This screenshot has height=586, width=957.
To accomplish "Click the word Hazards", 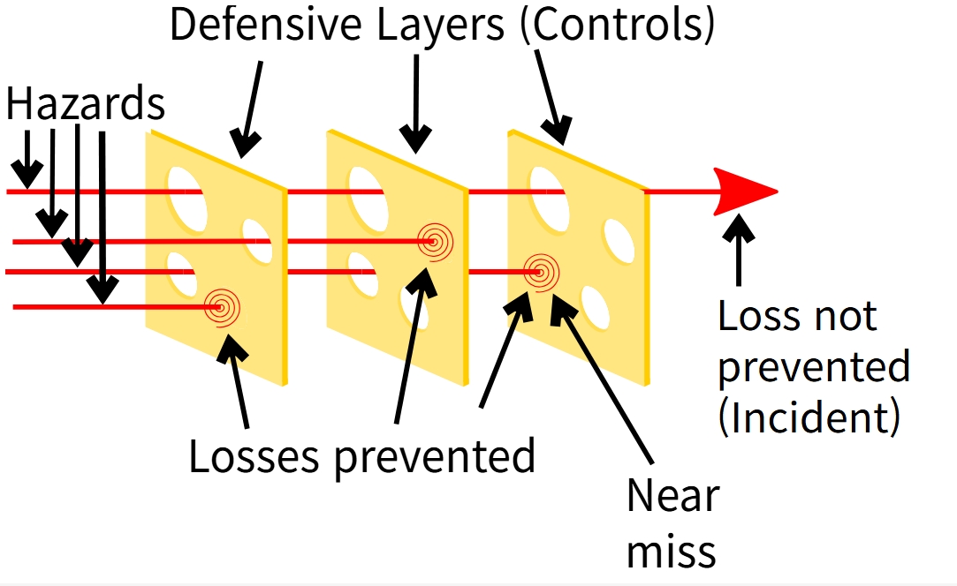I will pyautogui.click(x=86, y=105).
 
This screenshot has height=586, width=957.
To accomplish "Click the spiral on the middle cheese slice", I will pyautogui.click(x=434, y=239).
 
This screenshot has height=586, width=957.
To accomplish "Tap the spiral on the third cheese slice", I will pyautogui.click(x=540, y=272).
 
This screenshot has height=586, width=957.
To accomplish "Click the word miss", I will pyautogui.click(x=671, y=551).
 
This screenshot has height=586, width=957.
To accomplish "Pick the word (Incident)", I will pyautogui.click(x=809, y=416).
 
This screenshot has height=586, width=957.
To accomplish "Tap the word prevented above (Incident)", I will pyautogui.click(x=814, y=366).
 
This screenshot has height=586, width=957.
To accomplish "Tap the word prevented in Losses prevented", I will pyautogui.click(x=435, y=456).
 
